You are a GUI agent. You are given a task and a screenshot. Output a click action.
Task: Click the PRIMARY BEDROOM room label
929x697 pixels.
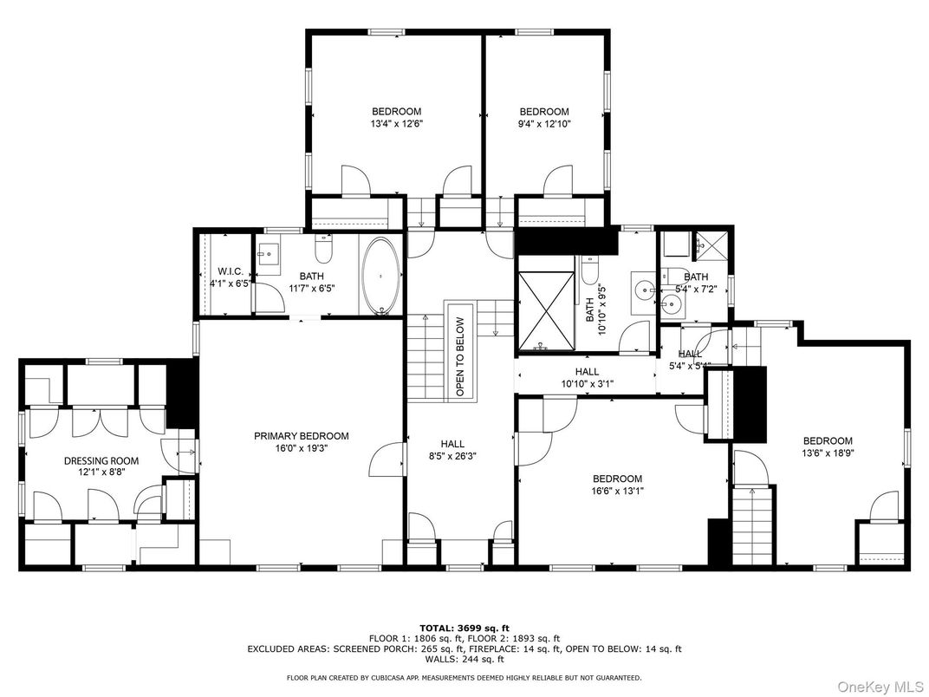[301, 436]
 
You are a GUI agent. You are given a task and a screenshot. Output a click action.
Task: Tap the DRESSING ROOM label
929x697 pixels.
[101, 461]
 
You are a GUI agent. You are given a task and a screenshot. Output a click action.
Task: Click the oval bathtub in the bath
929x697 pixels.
[381, 275]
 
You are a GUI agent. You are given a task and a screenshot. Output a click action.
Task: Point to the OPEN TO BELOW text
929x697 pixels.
[459, 357]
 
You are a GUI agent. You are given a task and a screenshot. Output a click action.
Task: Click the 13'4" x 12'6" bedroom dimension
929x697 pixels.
[396, 124]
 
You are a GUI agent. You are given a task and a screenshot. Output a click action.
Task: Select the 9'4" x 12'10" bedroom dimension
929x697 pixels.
[543, 124]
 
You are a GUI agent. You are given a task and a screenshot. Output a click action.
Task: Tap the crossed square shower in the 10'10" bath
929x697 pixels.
[546, 311]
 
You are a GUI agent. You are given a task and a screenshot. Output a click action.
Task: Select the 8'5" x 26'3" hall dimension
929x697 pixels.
[452, 455]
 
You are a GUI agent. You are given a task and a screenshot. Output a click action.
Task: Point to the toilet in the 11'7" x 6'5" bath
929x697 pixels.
[324, 251]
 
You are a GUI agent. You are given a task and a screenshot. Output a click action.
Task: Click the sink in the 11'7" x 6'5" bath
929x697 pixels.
[269, 257]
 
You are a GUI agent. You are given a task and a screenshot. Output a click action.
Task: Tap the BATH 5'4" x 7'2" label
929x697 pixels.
[696, 283]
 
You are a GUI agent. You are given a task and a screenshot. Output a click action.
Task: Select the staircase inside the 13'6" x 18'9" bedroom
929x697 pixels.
[751, 525]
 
